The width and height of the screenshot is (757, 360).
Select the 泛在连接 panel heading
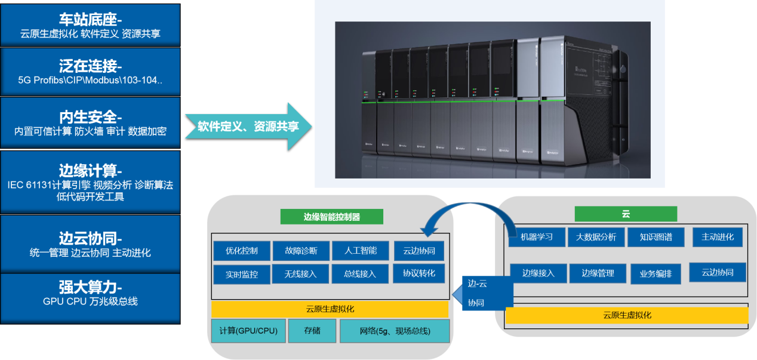click(90, 66)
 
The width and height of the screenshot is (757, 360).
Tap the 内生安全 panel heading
click(90, 116)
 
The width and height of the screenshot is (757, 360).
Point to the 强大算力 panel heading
click(90, 287)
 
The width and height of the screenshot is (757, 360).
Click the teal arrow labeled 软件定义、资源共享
click(248, 126)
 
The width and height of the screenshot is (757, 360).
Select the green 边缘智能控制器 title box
click(331, 217)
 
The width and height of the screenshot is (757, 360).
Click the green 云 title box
click(625, 214)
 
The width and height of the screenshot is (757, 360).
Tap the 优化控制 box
click(242, 251)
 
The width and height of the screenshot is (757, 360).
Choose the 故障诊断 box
click(301, 251)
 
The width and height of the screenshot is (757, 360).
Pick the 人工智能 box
click(360, 251)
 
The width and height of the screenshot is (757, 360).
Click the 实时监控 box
click(242, 275)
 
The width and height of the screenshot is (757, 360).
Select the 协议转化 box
click(418, 273)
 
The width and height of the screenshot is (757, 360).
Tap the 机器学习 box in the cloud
click(536, 237)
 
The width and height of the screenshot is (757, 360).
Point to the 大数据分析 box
click(596, 237)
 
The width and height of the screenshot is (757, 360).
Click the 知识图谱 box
click(655, 237)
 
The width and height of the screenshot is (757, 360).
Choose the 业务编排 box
click(656, 274)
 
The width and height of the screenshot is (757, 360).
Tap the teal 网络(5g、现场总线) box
click(394, 331)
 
